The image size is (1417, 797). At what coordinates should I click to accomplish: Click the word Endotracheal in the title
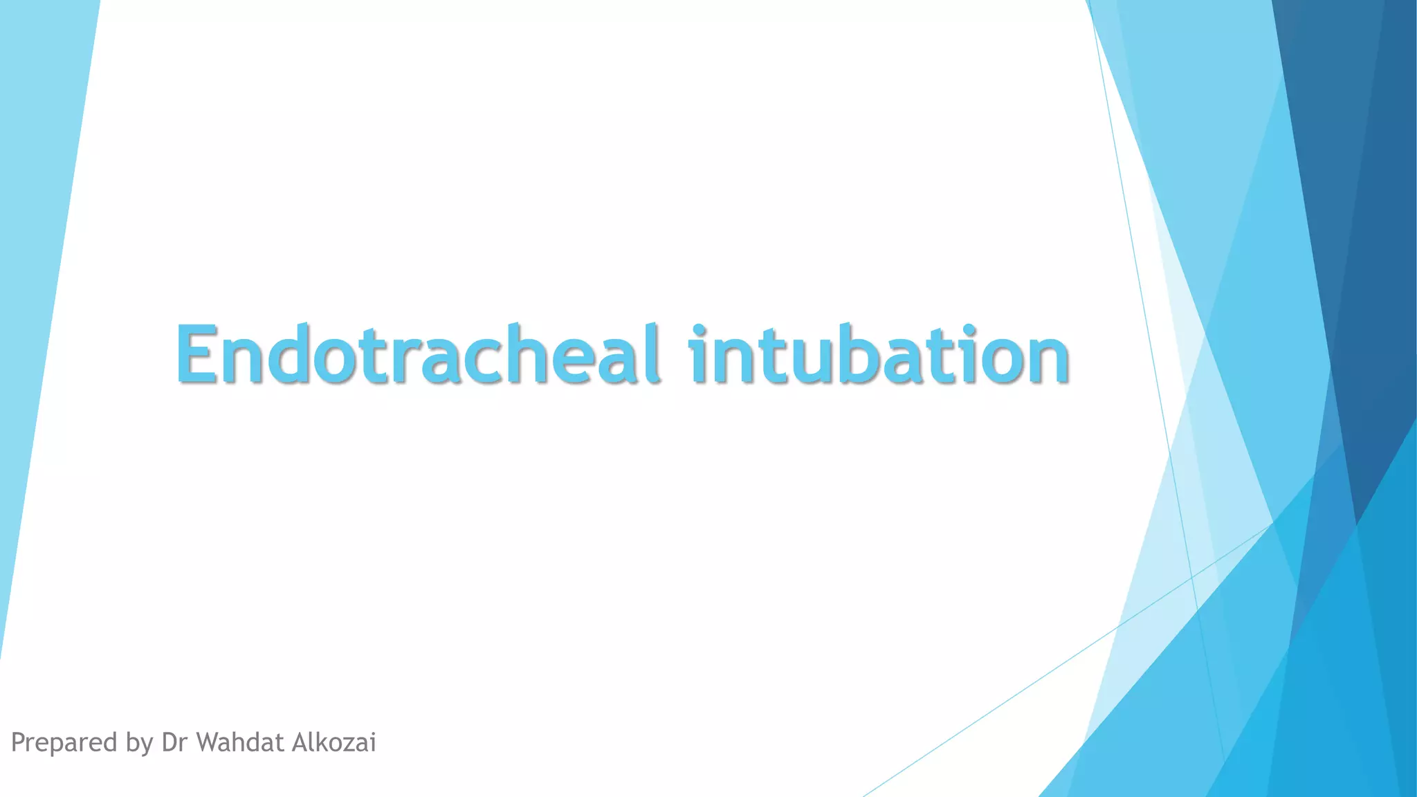pyautogui.click(x=417, y=355)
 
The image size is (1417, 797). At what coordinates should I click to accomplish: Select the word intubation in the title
pyautogui.click(x=879, y=355)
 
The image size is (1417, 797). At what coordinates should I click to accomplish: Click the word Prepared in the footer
pyautogui.click(x=64, y=743)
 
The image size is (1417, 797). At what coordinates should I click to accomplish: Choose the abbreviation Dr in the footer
pyautogui.click(x=175, y=742)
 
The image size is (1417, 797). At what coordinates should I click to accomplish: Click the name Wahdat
pyautogui.click(x=241, y=742)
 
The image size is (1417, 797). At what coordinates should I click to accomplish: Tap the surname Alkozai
pyautogui.click(x=334, y=742)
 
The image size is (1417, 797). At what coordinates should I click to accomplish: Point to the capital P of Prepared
pyautogui.click(x=19, y=742)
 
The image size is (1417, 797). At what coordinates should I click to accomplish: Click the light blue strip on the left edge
pyautogui.click(x=42, y=208)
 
